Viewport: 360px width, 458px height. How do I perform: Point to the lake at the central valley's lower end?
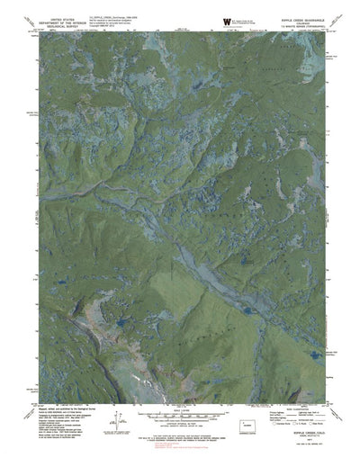[245, 309]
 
